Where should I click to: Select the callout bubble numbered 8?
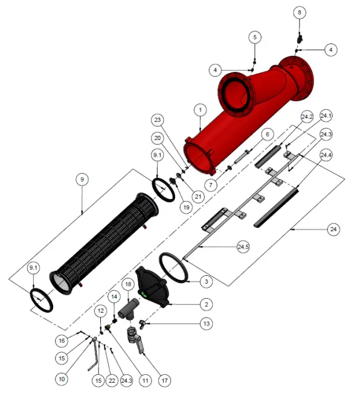300,12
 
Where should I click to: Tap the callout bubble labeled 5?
255,37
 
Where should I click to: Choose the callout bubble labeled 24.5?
244,247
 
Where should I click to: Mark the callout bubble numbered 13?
207,324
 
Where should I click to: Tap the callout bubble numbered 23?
158,119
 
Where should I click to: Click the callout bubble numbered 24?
333,229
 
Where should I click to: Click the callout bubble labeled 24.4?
326,155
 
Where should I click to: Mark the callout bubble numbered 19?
185,207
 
